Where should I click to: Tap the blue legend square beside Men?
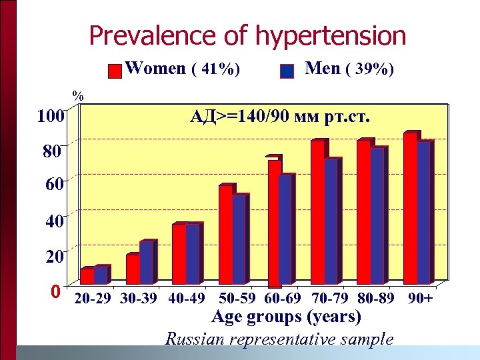pos(287,71)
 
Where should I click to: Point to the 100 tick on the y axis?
pos(50,117)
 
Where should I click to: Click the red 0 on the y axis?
pos(56,292)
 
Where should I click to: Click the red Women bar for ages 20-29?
pos(87,276)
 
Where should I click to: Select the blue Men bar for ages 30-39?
pos(146,263)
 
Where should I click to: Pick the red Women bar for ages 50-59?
pos(225,234)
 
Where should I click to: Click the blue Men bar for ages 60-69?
pos(285,229)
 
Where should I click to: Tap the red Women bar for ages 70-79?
pos(317,212)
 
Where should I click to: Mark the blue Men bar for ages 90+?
pos(423,212)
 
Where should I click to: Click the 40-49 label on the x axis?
pos(187,299)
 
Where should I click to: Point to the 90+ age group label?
pos(420,299)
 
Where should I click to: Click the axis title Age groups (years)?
pos(286,317)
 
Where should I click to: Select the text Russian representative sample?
pos(279,339)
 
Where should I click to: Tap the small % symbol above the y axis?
pos(78,96)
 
